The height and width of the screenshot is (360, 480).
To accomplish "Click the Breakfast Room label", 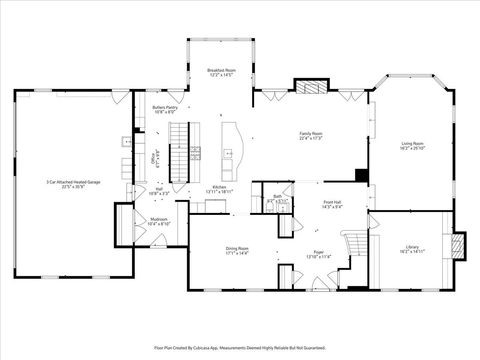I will pos(220,70).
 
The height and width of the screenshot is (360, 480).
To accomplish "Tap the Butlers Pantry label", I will pos(164,107).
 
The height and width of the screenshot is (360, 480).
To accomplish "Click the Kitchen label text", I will pos(219,186).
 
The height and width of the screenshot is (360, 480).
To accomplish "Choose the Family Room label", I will pos(311,133).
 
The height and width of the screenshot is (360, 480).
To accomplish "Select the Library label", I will pos(412,246).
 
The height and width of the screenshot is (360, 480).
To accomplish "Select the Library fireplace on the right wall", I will pos(460,244).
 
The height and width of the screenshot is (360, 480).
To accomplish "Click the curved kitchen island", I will pos(232,144).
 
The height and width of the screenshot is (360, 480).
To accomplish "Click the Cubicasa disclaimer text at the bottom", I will pos(240,347).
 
